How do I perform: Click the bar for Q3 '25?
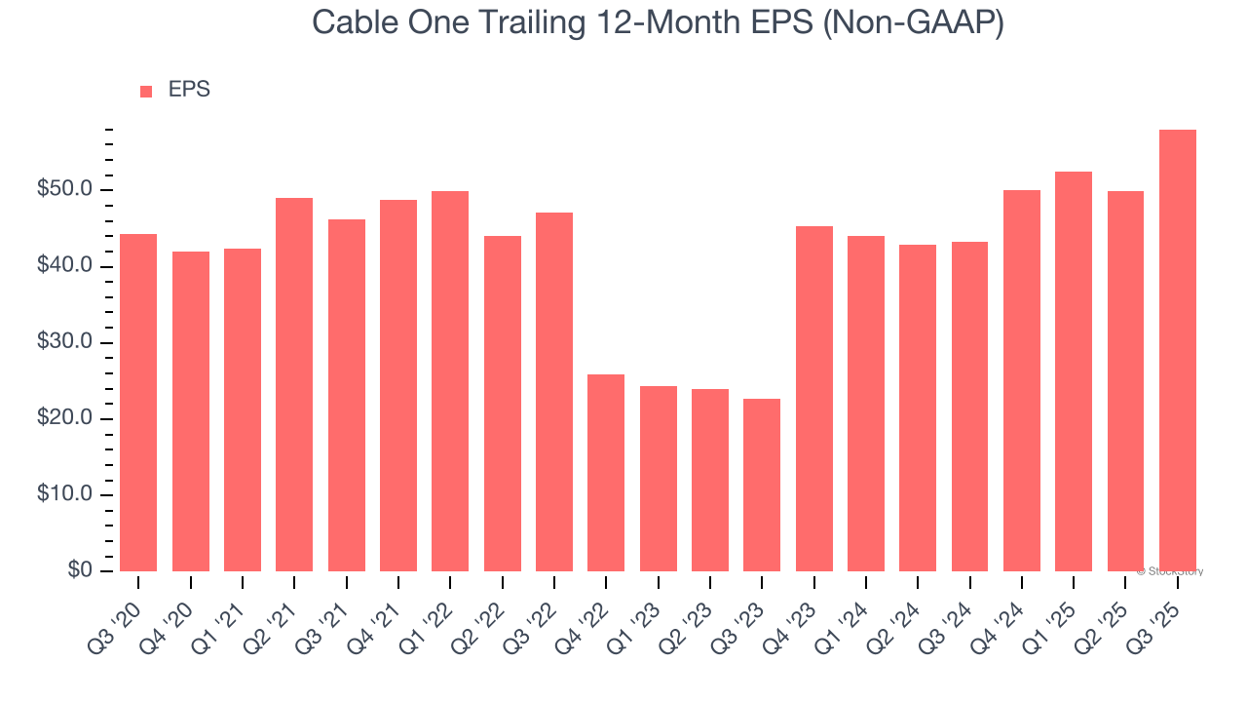pyautogui.click(x=1177, y=351)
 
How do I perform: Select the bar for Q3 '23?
pyautogui.click(x=762, y=485)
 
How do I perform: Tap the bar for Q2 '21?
pyautogui.click(x=294, y=384)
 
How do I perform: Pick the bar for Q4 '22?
pyautogui.click(x=606, y=473)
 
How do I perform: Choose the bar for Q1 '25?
pyautogui.click(x=1074, y=371)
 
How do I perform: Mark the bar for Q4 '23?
pyautogui.click(x=813, y=399)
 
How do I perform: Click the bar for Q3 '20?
pyautogui.click(x=138, y=403)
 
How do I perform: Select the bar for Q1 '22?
pyautogui.click(x=450, y=381)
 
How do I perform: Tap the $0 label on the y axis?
pyautogui.click(x=80, y=571)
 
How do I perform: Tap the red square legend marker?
pyautogui.click(x=146, y=92)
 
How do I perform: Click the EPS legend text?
pyautogui.click(x=189, y=91)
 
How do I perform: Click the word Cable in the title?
pyautogui.click(x=355, y=23)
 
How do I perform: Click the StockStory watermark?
pyautogui.click(x=1170, y=572)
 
